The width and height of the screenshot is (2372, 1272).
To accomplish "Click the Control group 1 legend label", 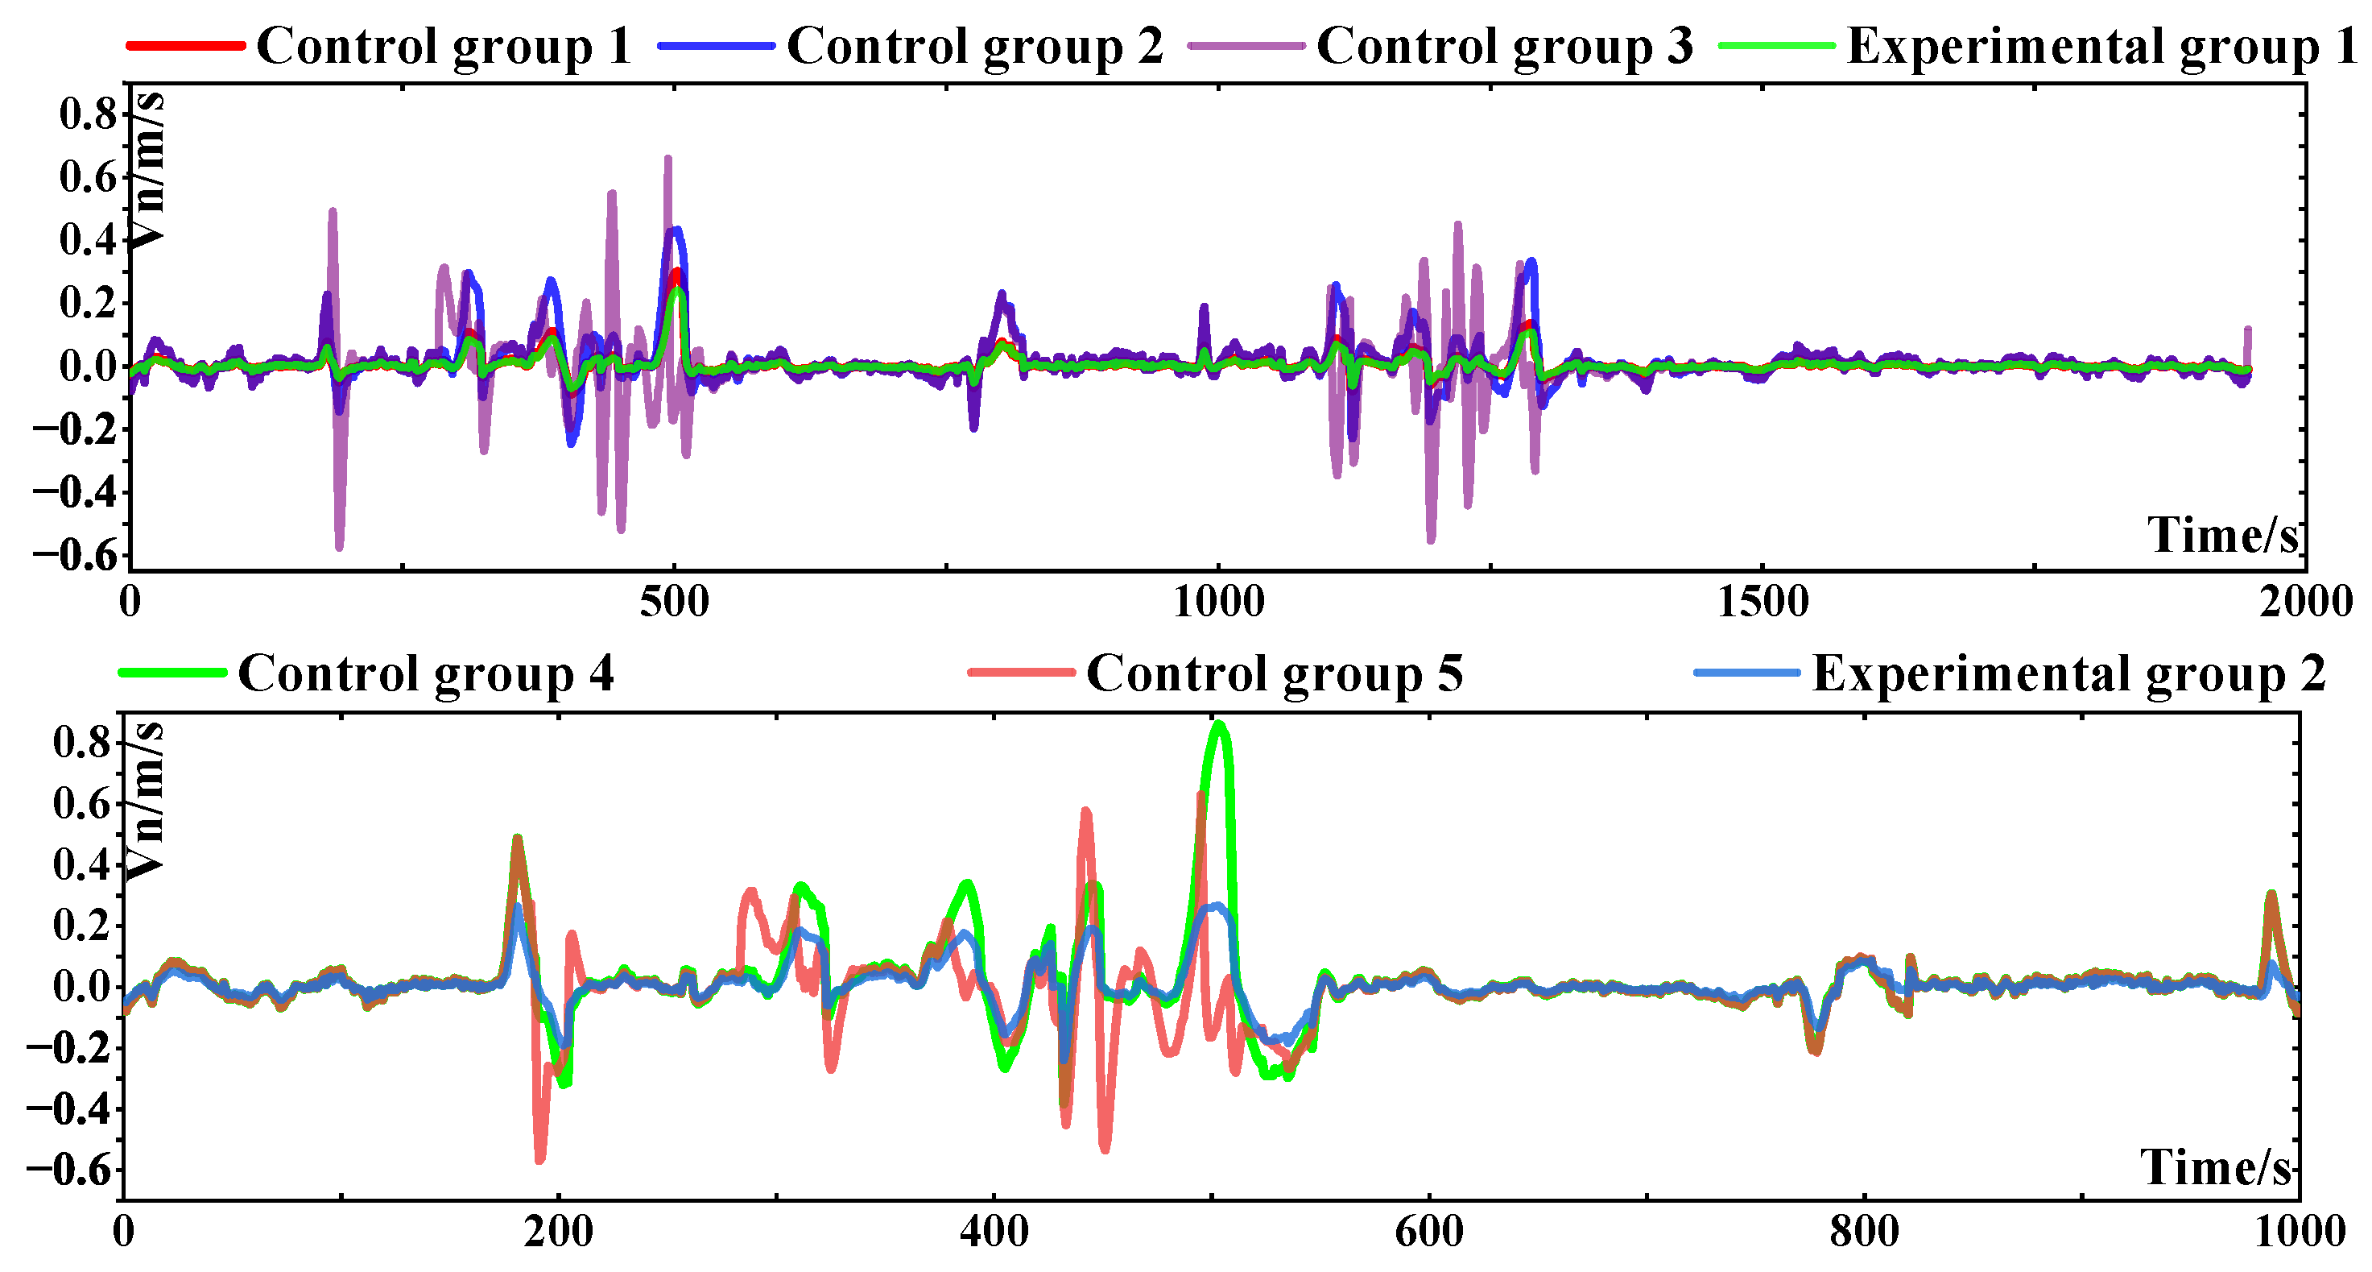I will pos(443,46).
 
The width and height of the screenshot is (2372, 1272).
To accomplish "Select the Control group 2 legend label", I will pos(974,46).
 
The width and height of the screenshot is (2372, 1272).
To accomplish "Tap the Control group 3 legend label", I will pos(1504,46).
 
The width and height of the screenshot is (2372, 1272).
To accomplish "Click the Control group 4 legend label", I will pos(425,673).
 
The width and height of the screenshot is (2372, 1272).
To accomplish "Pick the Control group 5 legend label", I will pos(1275,673).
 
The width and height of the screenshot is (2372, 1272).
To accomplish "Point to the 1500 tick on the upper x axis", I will pos(1762,603).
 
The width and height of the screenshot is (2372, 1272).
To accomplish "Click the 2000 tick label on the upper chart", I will pos(2306,603).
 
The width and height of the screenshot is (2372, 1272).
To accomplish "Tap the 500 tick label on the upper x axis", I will pos(675,603).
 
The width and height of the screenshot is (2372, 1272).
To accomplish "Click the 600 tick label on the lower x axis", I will pos(1429,1233).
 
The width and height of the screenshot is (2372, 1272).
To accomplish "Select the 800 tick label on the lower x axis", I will pos(1865,1233).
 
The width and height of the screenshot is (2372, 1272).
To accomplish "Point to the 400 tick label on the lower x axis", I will pos(994,1233).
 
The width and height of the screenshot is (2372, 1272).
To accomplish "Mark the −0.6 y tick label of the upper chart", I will pos(76,555).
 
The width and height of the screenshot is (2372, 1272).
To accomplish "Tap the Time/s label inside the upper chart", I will pos(2223,535).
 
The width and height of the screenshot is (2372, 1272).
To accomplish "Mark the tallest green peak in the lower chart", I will pos(1220,726).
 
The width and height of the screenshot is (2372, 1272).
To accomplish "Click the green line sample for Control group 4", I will pos(172,673).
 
